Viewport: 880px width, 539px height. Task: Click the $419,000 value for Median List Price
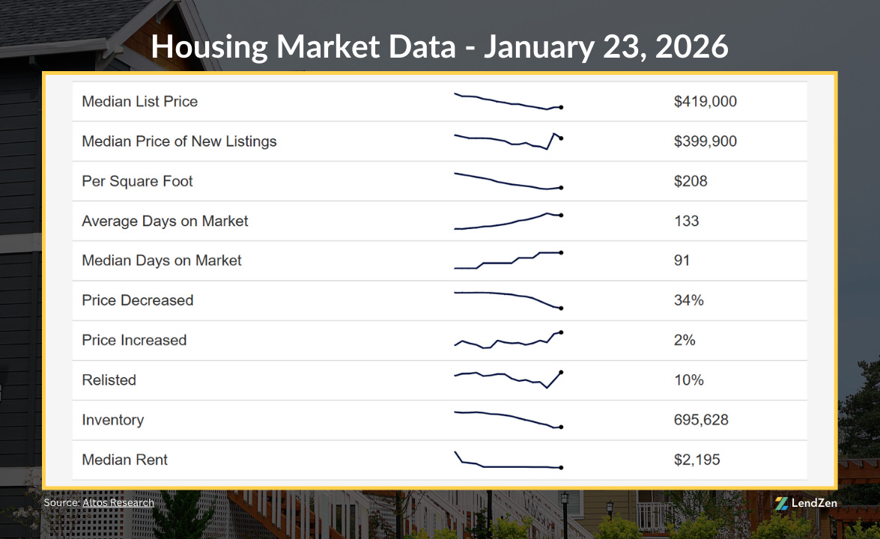705,102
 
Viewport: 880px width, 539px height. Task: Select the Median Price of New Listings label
179,141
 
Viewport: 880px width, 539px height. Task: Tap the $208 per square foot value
691,181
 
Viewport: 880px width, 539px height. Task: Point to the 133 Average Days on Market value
686,221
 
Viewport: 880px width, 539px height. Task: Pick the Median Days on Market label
162,261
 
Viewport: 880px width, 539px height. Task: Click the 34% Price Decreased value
689,300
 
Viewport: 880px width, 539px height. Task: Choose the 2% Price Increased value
685,340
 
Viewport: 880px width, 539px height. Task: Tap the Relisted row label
109,380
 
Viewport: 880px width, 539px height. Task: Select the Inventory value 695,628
701,420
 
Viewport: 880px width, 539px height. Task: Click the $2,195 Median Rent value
697,460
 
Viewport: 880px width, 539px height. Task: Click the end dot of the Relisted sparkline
561,372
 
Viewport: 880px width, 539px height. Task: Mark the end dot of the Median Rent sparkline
561,468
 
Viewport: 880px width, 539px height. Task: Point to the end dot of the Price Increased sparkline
561,332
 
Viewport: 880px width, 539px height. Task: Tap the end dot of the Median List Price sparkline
561,107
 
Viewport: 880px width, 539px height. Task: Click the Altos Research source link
118,502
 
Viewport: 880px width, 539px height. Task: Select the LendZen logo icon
781,503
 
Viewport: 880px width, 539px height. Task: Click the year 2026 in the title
691,47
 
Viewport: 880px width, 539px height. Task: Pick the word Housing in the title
210,47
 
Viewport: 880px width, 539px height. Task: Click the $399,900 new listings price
705,141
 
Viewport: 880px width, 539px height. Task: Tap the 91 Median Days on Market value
682,261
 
